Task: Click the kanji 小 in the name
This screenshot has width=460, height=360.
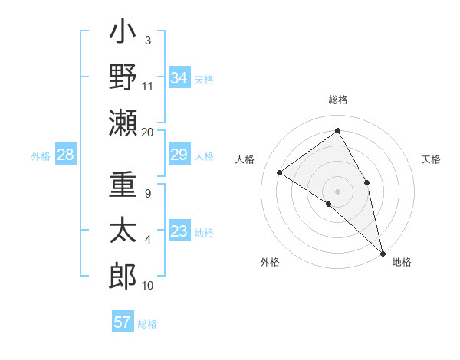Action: point(123,34)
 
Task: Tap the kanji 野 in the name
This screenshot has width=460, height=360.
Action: point(123,77)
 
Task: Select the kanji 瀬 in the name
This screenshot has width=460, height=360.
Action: point(123,123)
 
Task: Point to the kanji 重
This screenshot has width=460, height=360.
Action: point(123,187)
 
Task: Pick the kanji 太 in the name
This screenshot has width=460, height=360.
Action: point(123,232)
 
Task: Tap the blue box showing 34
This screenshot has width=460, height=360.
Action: point(179,78)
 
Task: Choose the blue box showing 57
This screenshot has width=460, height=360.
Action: point(122,322)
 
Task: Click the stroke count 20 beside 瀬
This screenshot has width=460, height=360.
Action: point(147,132)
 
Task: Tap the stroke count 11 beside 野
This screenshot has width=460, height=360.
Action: point(147,86)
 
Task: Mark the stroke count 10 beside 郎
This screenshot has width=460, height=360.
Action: point(147,286)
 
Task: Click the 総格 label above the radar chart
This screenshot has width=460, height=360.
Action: point(337,100)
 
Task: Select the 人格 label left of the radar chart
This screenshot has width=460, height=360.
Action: point(245,159)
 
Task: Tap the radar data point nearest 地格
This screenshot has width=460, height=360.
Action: point(383,252)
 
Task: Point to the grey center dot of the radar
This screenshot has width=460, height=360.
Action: point(337,191)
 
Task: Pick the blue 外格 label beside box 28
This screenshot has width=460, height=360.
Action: point(41,156)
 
